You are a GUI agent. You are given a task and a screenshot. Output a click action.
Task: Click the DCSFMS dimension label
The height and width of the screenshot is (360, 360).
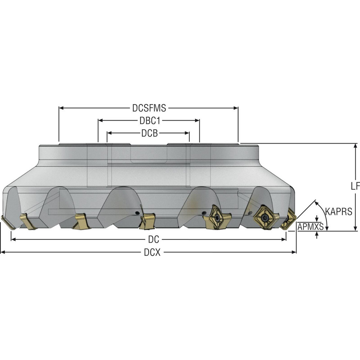coord(149,108)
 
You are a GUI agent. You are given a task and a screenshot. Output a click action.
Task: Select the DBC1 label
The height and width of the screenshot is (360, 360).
coord(150,121)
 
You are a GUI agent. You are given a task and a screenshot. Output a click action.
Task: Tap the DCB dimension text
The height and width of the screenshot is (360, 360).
coord(149,133)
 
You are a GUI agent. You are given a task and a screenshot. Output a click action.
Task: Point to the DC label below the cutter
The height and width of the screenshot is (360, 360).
coord(154,239)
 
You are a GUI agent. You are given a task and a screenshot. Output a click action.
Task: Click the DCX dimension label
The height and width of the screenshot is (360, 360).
coord(152,252)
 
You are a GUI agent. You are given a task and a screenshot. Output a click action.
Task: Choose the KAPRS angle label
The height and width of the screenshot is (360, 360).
coord(339,211)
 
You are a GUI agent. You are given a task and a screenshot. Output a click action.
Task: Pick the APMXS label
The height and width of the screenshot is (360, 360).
coord(310,226)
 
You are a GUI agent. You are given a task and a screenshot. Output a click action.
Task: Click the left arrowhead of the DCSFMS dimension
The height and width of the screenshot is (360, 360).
coord(61,108)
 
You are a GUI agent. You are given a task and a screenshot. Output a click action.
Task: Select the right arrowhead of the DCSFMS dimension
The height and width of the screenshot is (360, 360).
coord(236,108)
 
